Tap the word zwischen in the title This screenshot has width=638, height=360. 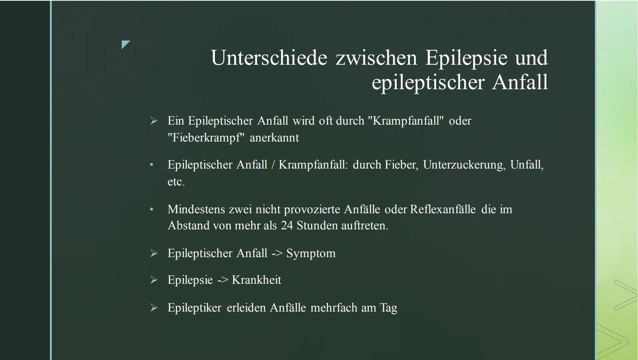[376, 58]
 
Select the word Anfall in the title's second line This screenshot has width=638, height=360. [520, 82]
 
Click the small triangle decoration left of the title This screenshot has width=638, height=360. [126, 45]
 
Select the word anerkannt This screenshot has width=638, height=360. [274, 138]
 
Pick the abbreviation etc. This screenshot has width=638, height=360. [176, 182]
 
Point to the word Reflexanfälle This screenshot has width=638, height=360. [443, 209]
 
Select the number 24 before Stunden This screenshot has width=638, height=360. [286, 226]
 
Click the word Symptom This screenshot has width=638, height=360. [311, 253]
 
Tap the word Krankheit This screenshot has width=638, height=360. [256, 280]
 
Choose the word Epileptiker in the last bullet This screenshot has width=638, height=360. [194, 308]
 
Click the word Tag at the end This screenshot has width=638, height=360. [389, 308]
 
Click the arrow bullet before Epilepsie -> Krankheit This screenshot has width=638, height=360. [154, 280]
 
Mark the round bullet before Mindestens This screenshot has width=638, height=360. [152, 209]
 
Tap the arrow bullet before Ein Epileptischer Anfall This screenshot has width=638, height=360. [154, 121]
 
